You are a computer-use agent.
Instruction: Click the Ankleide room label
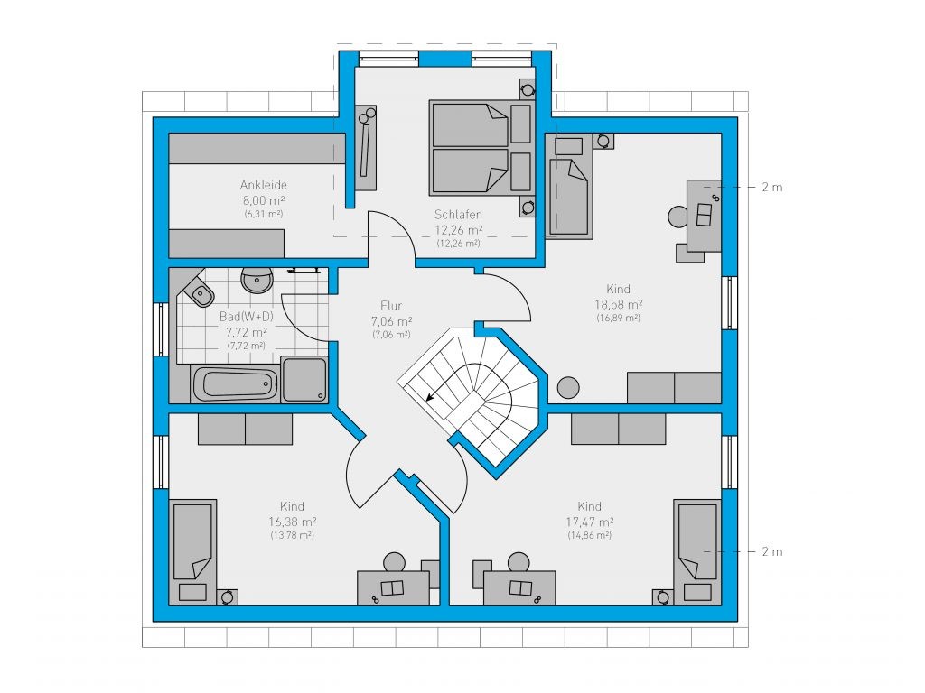pos(263,184)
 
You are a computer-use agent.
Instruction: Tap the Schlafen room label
pos(458,215)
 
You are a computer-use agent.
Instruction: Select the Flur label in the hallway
pos(391,305)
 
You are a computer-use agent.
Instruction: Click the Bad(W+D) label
pos(247,317)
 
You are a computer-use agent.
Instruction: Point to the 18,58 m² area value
pos(618,305)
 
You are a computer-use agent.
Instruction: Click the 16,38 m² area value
pos(293,522)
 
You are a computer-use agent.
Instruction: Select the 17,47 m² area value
pos(590,522)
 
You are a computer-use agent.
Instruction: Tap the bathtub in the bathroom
pos(236,384)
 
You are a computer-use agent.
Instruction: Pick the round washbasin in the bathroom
pos(257,280)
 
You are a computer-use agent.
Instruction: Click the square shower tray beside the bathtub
pos(304,380)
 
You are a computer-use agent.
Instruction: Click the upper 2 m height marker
pos(771,188)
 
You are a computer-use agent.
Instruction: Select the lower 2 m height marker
pos(771,551)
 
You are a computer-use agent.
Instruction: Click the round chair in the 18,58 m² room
pos(677,217)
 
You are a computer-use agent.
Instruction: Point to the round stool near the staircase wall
pos(569,387)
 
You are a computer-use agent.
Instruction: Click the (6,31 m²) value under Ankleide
pos(264,214)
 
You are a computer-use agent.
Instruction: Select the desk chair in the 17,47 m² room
pos(519,561)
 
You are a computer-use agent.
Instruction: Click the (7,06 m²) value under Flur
pos(391,335)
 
